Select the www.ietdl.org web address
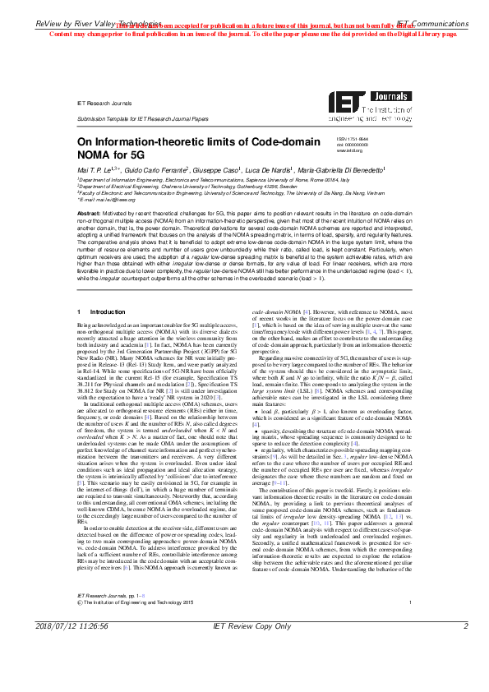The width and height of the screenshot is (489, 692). click(x=349, y=151)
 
